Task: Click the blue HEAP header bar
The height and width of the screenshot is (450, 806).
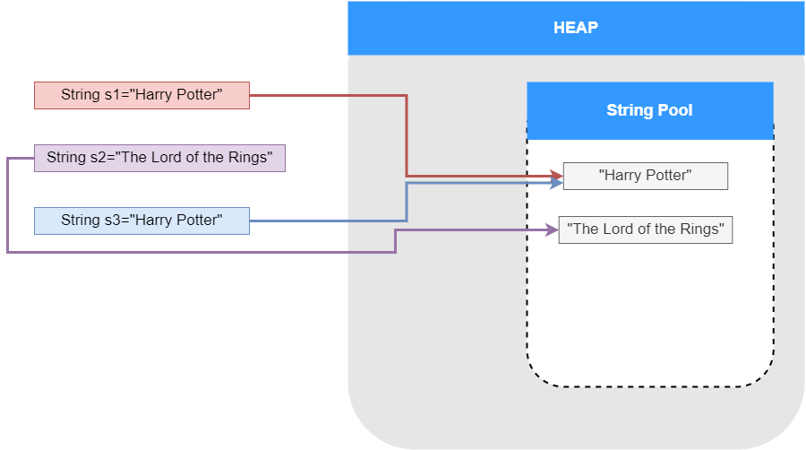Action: [576, 28]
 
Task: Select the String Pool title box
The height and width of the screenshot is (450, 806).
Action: [649, 110]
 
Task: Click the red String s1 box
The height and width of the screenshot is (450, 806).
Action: [141, 95]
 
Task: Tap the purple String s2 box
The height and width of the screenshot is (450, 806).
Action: [159, 158]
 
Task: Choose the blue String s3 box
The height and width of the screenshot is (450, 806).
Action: [141, 221]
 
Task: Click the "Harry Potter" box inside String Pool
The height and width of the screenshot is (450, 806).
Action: [645, 176]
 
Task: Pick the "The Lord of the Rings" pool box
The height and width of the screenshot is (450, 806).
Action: [645, 229]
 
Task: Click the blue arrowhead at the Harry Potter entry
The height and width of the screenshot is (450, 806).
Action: [556, 183]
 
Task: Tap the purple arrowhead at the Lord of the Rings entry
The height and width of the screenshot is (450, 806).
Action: [552, 229]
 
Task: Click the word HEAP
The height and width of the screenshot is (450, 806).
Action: [576, 28]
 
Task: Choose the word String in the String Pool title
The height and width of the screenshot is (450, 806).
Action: [627, 110]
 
